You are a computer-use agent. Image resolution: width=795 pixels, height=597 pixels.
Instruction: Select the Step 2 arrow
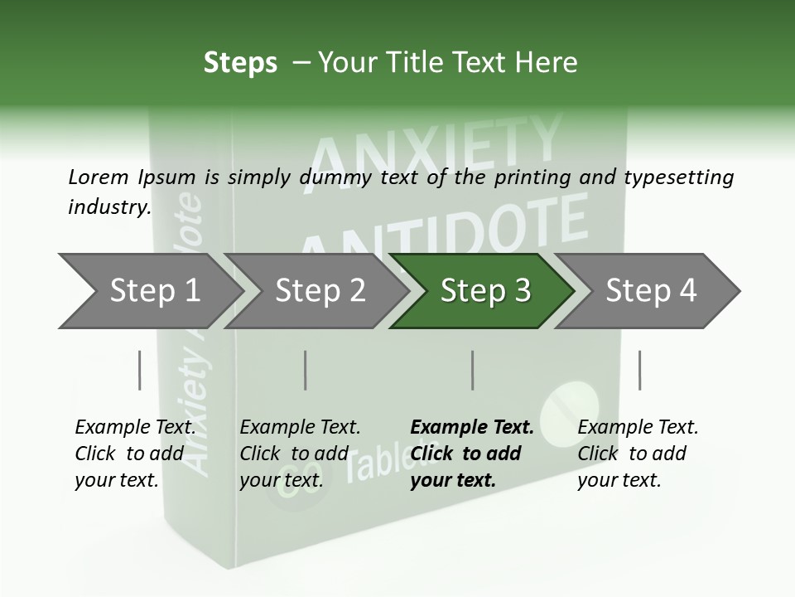[319, 291]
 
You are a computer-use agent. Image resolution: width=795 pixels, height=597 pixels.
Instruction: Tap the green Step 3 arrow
[484, 291]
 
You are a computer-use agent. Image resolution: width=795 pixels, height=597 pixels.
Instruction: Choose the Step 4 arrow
[650, 291]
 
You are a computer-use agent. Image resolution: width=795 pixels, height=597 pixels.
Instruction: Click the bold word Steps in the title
[240, 63]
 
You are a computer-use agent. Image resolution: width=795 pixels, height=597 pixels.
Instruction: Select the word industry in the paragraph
[108, 207]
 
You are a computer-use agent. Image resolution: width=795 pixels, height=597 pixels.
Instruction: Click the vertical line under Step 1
[139, 370]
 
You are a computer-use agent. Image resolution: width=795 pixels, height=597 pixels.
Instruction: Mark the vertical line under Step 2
[306, 370]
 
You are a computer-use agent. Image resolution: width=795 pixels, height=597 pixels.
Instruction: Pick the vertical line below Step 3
[472, 370]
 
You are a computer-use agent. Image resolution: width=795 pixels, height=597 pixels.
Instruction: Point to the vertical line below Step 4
[639, 370]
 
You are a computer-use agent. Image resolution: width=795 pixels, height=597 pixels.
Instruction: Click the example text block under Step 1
[135, 454]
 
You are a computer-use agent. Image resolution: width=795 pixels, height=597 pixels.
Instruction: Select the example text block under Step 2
[300, 454]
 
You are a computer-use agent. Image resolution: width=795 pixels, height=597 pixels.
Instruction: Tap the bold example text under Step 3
[471, 454]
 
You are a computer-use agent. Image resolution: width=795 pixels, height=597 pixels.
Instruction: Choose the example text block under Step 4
[638, 454]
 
